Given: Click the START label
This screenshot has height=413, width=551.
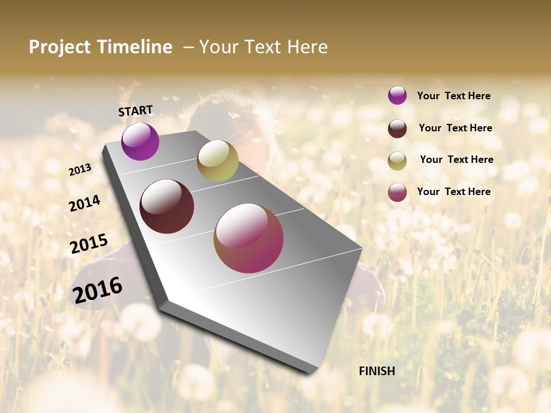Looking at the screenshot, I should tap(135, 111).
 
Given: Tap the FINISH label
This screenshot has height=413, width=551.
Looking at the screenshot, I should tap(377, 371).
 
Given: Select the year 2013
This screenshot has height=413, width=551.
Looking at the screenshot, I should tap(80, 169).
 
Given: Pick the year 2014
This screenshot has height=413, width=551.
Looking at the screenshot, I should tap(84, 203).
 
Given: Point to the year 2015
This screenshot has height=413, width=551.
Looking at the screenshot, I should tap(89, 244).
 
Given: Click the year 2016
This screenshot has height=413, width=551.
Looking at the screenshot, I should tap(98, 290).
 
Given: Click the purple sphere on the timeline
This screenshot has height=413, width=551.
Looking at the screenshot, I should tap(140, 141).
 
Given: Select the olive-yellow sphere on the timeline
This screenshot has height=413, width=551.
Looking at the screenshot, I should tap(218, 161).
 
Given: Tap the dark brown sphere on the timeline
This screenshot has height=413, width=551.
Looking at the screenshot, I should tap(167, 206).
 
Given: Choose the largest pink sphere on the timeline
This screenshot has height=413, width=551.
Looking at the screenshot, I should tap(249, 238).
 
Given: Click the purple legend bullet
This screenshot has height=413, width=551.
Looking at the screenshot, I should tap(397, 95).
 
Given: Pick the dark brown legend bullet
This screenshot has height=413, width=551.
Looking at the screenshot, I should tap(397, 128).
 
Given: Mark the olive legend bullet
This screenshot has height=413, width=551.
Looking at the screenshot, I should tap(397, 161).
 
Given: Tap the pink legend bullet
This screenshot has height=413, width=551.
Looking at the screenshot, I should tap(397, 192).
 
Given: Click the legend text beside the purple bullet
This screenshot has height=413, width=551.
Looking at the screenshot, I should tap(453, 96).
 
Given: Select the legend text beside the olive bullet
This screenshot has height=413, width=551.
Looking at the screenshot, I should tap(456, 159).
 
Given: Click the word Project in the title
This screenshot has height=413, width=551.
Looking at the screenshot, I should tap(60, 47).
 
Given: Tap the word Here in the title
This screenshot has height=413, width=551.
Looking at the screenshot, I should tap(307, 47).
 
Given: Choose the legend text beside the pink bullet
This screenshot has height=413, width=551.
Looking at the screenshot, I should tap(453, 192).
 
